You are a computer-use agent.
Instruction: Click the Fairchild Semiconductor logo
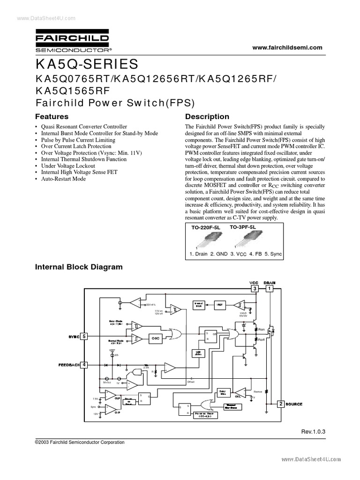pyautogui.click(x=73, y=41)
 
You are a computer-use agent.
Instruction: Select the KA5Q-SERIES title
pyautogui.click(x=87, y=63)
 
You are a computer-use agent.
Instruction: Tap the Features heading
pyautogui.click(x=52, y=116)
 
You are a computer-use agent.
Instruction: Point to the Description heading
pyautogui.click(x=207, y=116)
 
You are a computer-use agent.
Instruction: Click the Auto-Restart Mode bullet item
pyautogui.click(x=63, y=179)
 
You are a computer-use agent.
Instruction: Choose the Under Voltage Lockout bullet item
pyautogui.click(x=68, y=166)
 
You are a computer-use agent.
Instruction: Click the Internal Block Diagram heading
pyautogui.click(x=79, y=267)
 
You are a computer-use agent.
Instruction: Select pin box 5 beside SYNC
pyautogui.click(x=84, y=336)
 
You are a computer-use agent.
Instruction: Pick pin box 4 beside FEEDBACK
pyautogui.click(x=84, y=364)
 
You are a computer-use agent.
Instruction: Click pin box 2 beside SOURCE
pyautogui.click(x=280, y=404)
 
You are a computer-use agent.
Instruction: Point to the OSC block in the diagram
pyautogui.click(x=156, y=337)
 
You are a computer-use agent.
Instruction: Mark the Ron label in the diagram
pyautogui.click(x=261, y=330)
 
